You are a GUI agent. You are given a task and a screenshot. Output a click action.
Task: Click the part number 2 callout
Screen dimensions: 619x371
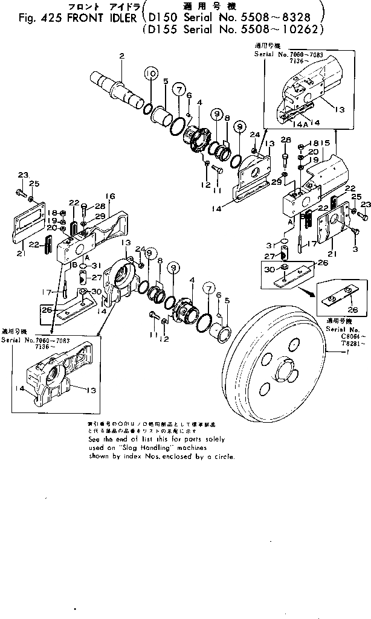pos(121,56)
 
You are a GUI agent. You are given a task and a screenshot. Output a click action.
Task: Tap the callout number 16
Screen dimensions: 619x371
pos(111,196)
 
